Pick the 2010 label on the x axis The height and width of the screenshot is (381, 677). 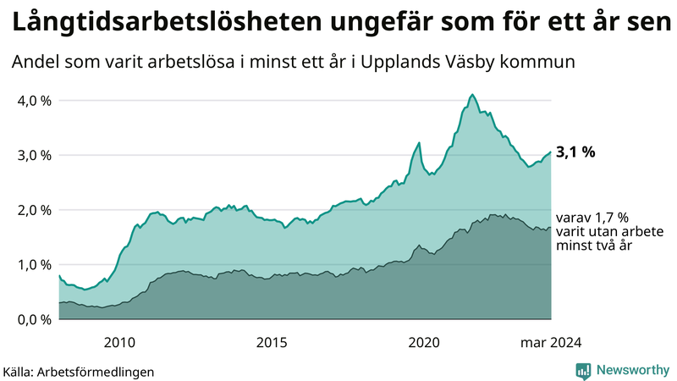[x=119, y=342]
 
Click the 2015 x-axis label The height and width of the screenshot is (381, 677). [x=272, y=342]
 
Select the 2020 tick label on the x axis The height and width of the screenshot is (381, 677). [x=423, y=342]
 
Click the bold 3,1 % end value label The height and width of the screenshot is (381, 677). [x=576, y=152]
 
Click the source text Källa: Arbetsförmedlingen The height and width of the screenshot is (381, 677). [x=79, y=371]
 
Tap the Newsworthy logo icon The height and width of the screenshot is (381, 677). [x=584, y=370]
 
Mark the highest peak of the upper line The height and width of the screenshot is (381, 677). [x=472, y=94]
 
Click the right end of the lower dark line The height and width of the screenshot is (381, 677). [x=550, y=227]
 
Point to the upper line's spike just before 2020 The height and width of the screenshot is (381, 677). [x=419, y=142]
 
